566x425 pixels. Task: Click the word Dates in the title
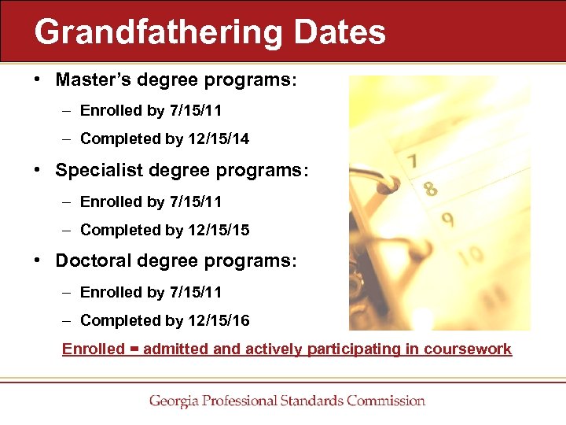(x=339, y=33)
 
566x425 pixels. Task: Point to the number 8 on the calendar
(x=430, y=189)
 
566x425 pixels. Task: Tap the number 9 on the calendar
(x=447, y=220)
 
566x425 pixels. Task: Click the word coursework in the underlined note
(x=469, y=349)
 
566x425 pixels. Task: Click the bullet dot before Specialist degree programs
(x=38, y=171)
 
